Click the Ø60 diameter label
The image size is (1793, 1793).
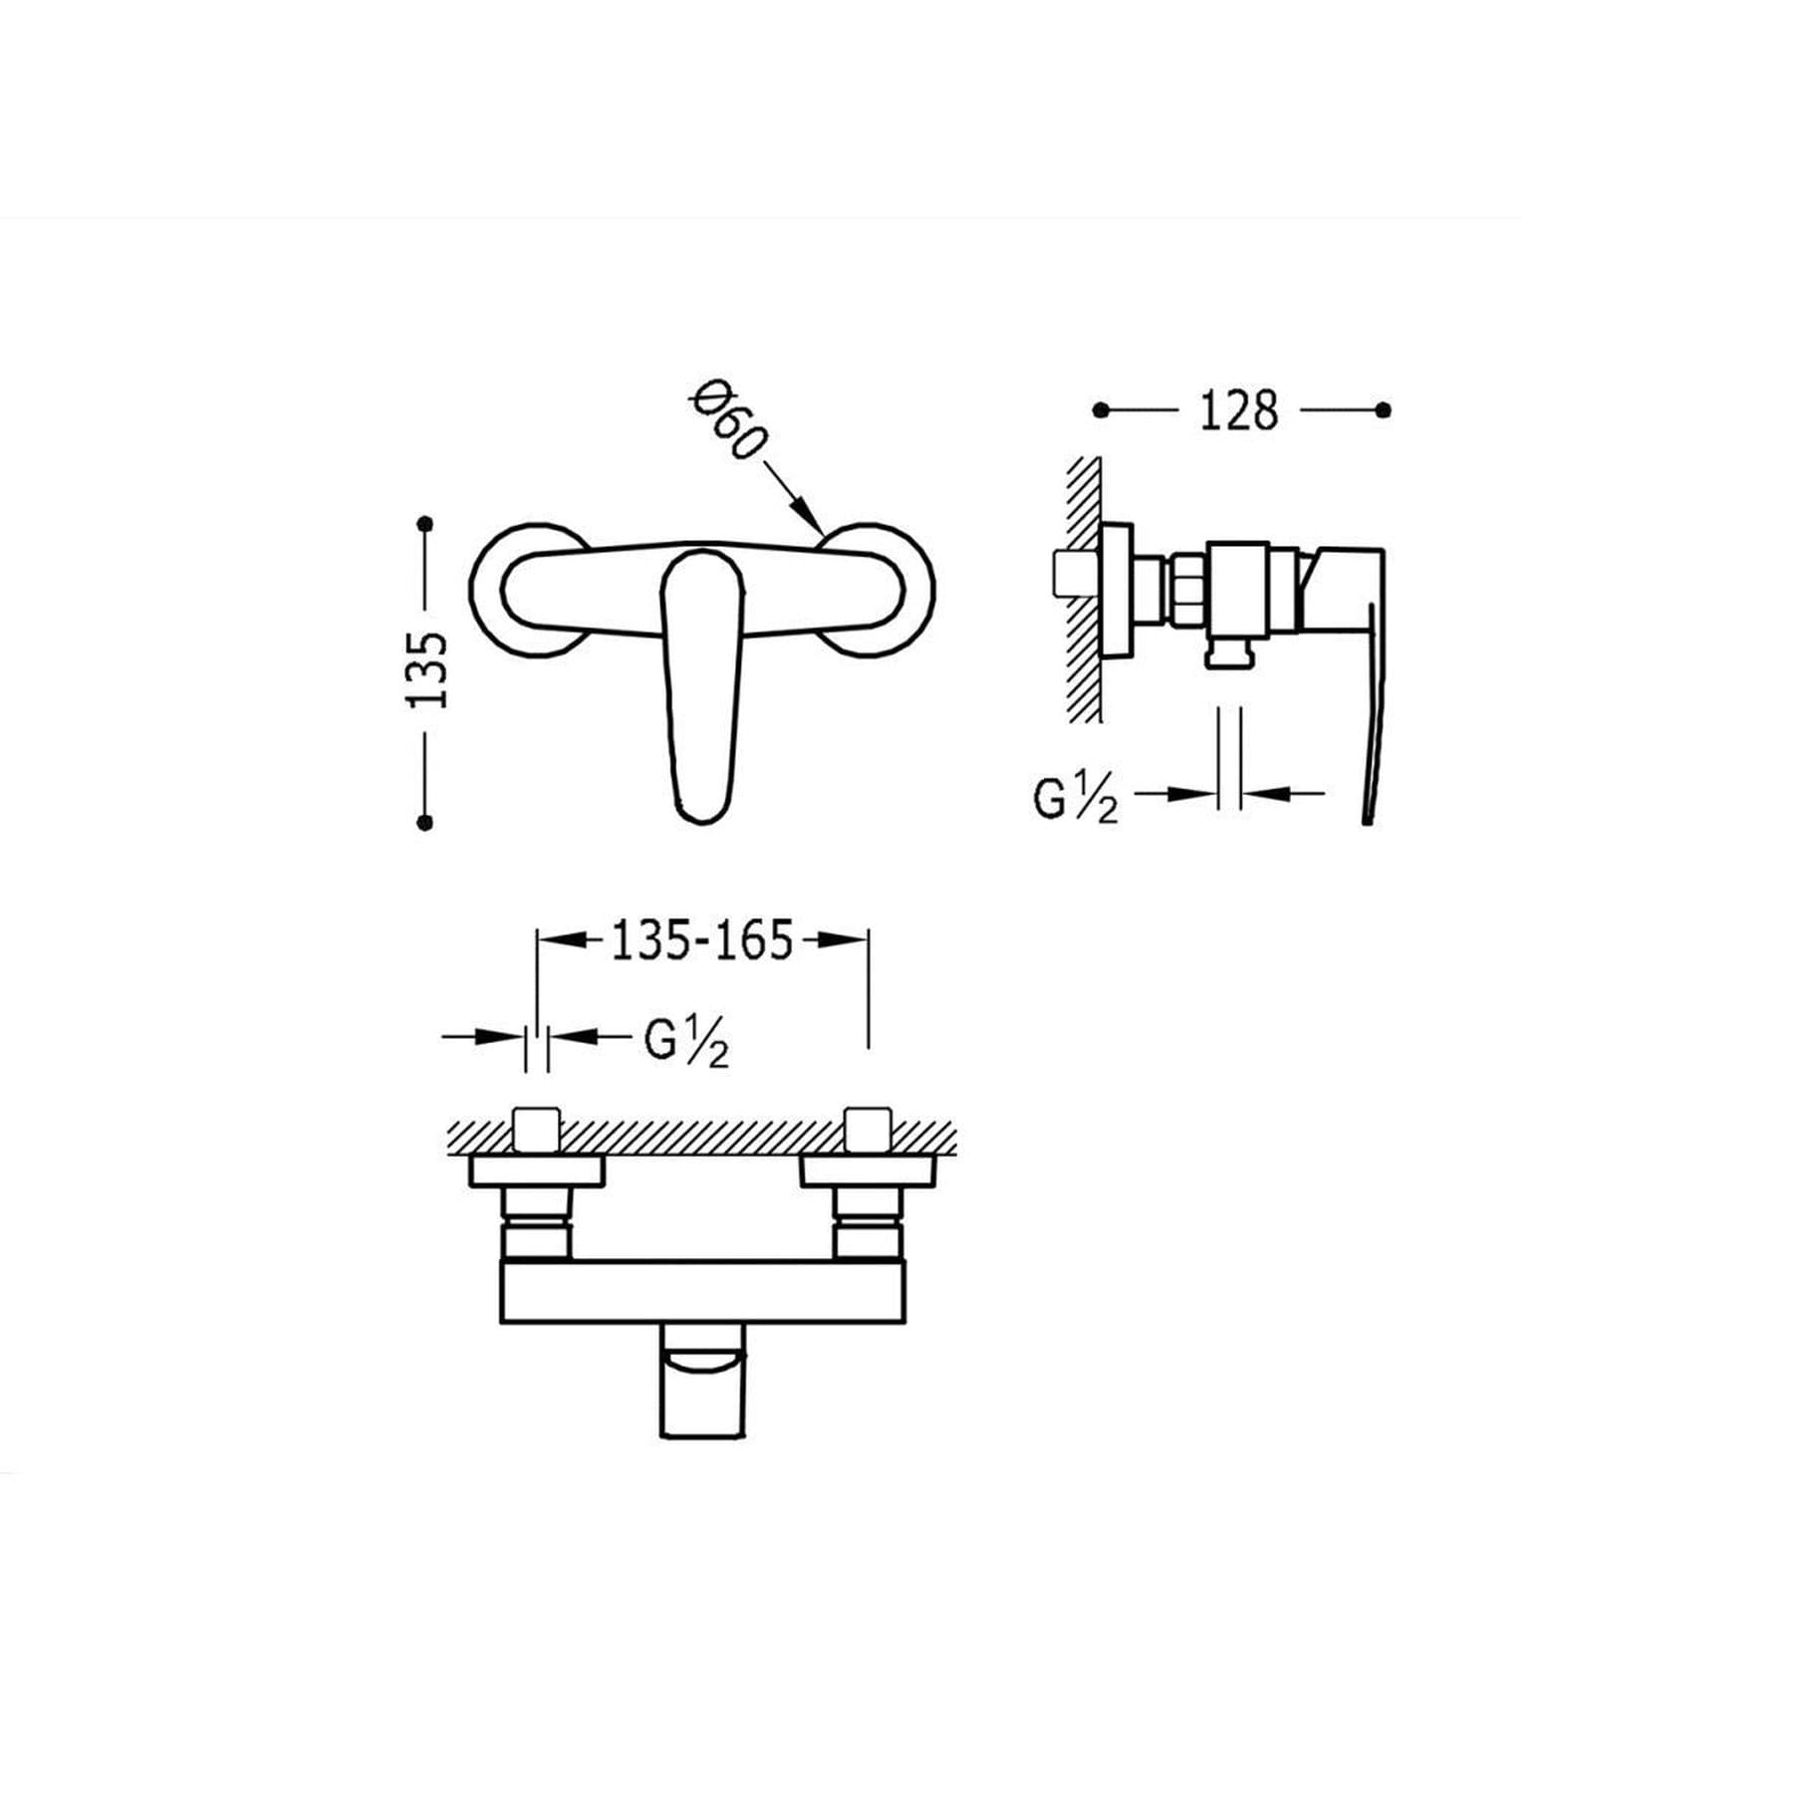pos(728,422)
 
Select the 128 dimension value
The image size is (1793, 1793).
pos(1238,410)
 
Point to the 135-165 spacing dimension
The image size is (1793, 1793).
pos(702,939)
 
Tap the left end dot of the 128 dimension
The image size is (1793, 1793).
pos(1101,409)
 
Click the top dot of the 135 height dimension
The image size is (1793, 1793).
pos(426,523)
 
